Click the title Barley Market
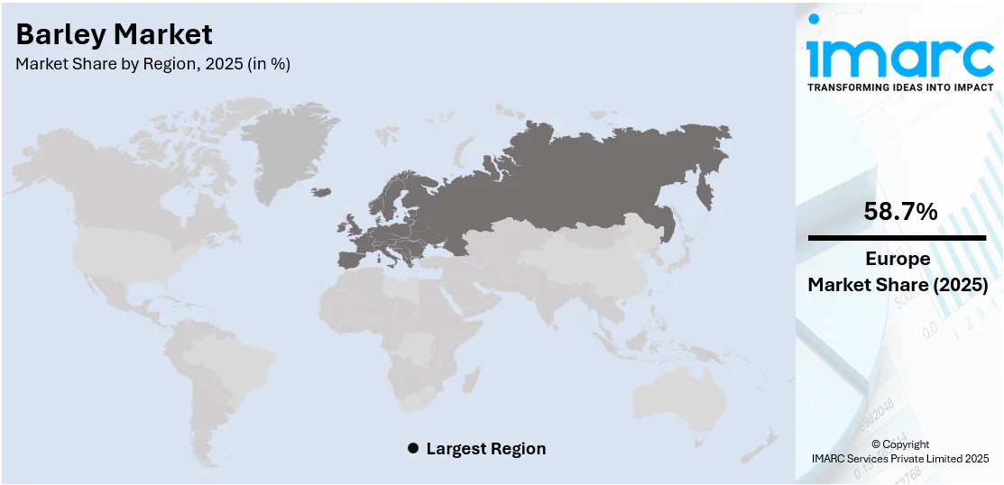coord(115,35)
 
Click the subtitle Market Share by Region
coord(153,64)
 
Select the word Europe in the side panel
coord(897,259)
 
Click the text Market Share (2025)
coord(897,285)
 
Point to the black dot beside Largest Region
coord(413,448)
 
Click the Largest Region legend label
coord(485,448)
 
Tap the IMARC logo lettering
coord(899,59)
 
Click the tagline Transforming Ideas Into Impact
coord(899,87)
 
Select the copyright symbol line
coord(899,444)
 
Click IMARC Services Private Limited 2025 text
coord(899,459)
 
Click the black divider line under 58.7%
coord(897,238)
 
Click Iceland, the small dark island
coord(322,192)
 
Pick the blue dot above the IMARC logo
coord(814,18)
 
